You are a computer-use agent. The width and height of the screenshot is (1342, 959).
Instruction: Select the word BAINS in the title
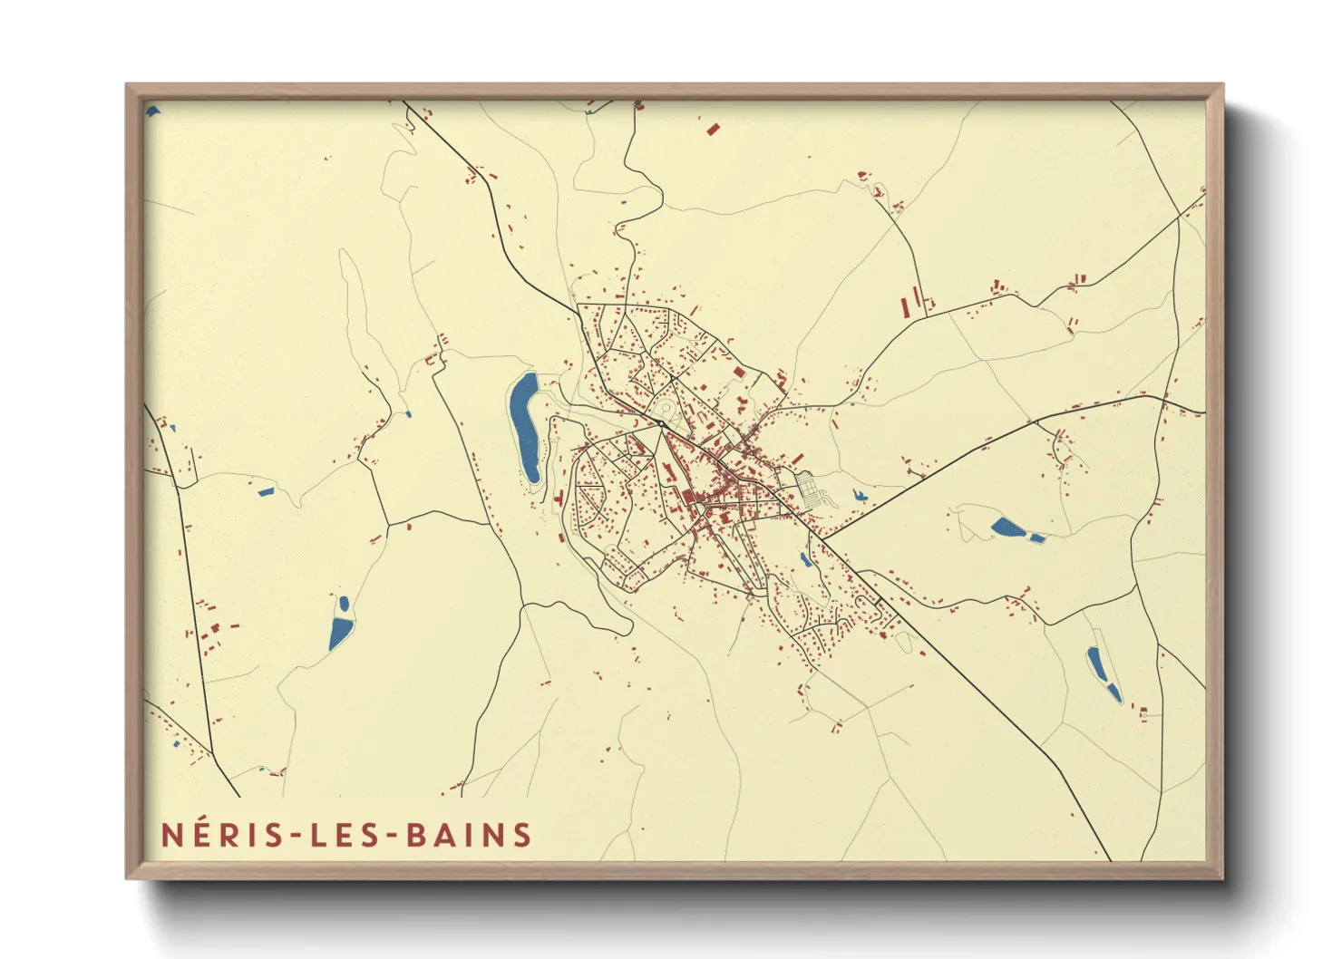click(468, 835)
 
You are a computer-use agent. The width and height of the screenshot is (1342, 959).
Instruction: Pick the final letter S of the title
click(522, 835)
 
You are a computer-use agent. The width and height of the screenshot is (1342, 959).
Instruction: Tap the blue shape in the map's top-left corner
click(152, 111)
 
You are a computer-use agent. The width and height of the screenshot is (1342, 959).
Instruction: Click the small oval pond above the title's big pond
click(344, 602)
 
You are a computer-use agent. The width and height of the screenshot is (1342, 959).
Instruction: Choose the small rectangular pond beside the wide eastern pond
click(1036, 538)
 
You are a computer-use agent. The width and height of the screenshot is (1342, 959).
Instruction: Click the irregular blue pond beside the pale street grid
click(858, 496)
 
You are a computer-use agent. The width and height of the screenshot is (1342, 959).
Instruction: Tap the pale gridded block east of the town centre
click(812, 489)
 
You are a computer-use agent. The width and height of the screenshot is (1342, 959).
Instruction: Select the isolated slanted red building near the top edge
click(712, 130)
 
